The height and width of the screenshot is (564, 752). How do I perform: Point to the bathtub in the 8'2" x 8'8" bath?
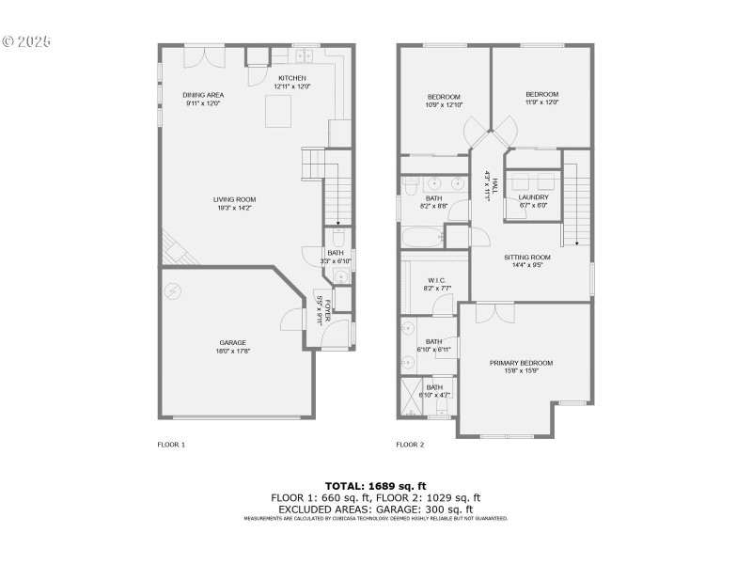[x=421, y=239]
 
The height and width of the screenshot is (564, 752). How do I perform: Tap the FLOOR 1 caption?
[x=171, y=444]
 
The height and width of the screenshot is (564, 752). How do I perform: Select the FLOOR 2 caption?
[x=410, y=444]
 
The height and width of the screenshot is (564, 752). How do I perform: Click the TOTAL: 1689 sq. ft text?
[x=376, y=485]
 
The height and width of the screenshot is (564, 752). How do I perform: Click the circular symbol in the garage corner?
[x=171, y=290]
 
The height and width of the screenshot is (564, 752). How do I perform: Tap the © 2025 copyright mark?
[x=26, y=42]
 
